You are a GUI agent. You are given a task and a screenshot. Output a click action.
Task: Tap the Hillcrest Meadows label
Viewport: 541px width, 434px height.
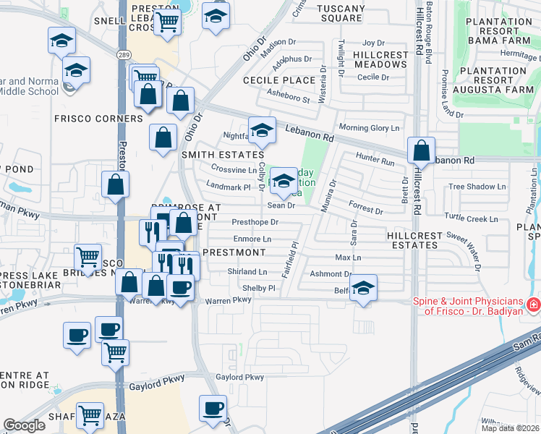click(x=380, y=59)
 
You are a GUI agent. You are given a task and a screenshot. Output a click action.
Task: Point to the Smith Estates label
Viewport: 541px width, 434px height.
click(x=222, y=155)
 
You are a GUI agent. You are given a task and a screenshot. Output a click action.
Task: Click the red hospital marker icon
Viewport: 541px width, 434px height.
click(x=533, y=305)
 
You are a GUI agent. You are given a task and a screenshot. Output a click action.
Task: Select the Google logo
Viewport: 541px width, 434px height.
click(x=24, y=425)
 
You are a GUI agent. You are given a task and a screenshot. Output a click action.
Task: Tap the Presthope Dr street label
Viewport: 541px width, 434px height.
click(x=255, y=222)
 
